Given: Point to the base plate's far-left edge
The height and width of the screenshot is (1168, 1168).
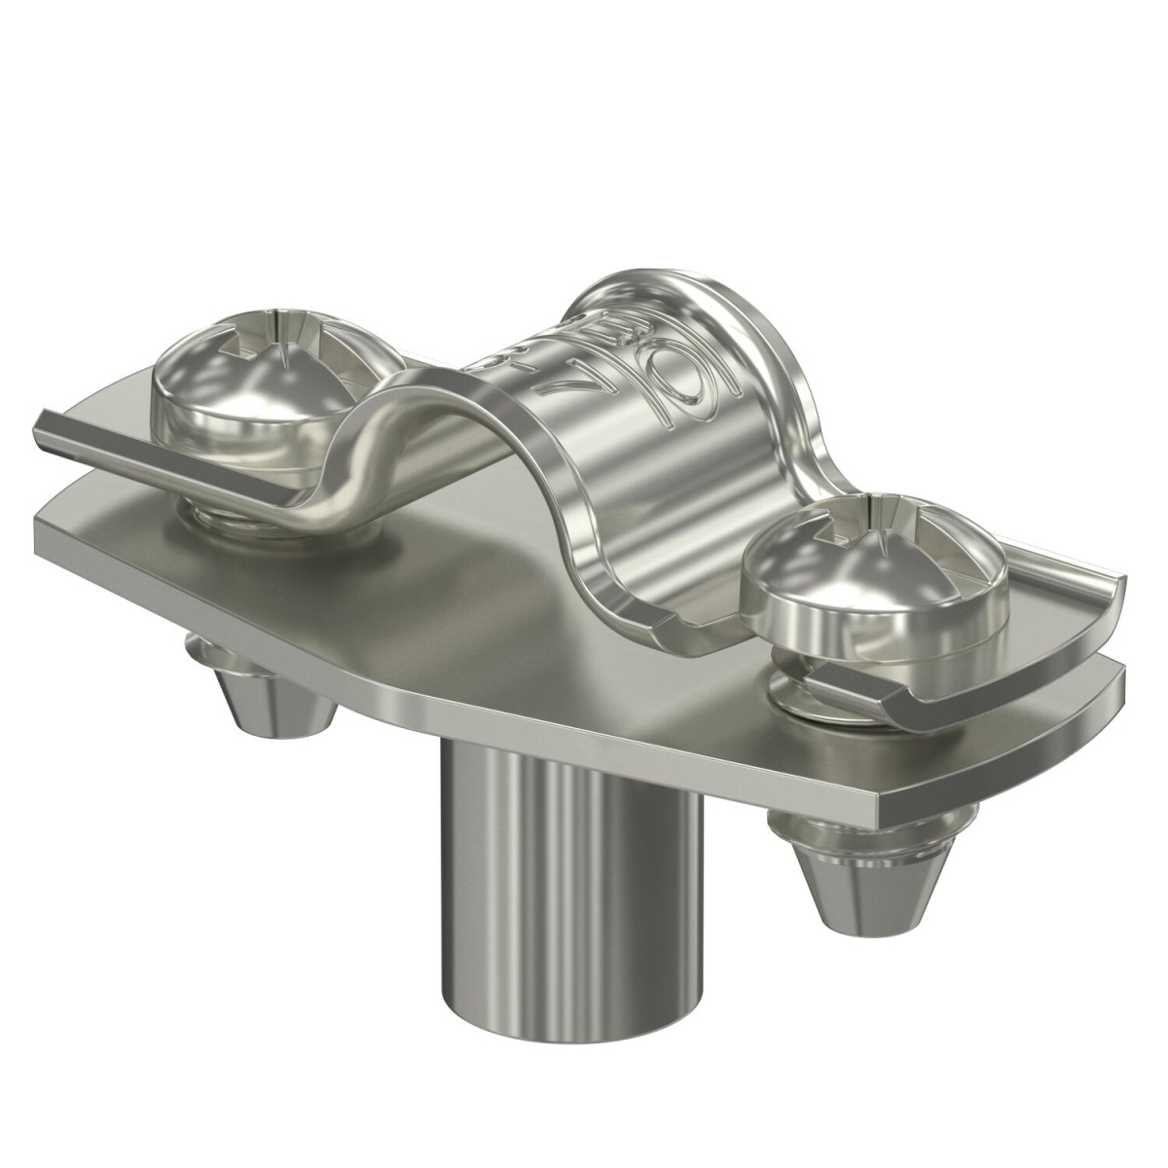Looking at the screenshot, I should coord(39,530).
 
